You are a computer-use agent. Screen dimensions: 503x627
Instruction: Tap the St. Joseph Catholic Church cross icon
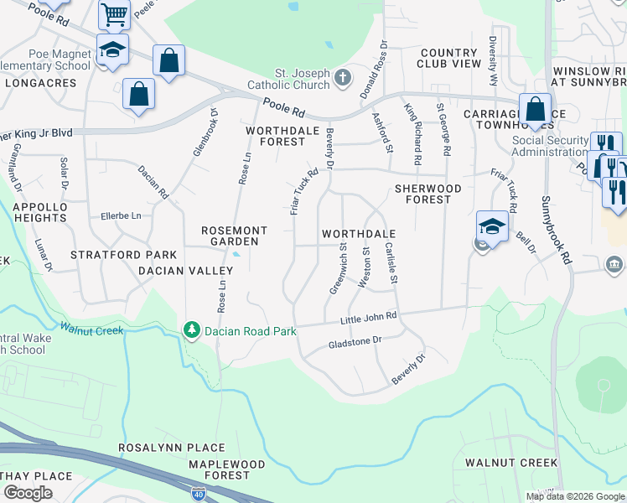pyautogui.click(x=341, y=79)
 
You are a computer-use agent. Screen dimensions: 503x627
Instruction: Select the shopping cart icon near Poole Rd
pyautogui.click(x=114, y=13)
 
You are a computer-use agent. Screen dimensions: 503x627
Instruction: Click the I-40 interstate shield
pyautogui.click(x=198, y=494)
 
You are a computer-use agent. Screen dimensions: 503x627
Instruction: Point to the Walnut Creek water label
pyautogui.click(x=91, y=329)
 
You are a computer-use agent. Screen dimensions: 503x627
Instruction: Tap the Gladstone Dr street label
pyautogui.click(x=355, y=342)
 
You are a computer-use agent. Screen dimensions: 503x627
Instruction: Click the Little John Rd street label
pyautogui.click(x=368, y=319)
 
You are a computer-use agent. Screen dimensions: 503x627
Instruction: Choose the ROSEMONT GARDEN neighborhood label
pyautogui.click(x=234, y=236)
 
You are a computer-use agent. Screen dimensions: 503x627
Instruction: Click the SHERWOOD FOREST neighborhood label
pyautogui.click(x=427, y=194)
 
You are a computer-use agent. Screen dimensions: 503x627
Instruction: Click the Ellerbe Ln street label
pyautogui.click(x=123, y=215)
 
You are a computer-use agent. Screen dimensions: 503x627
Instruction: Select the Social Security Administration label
pyautogui.click(x=549, y=146)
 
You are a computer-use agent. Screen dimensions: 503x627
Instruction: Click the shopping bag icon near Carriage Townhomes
pyautogui.click(x=534, y=109)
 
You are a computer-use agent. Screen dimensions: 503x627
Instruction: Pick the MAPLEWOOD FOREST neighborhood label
pyautogui.click(x=219, y=469)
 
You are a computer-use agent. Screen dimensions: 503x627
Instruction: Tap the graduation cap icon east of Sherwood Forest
pyautogui.click(x=491, y=226)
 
